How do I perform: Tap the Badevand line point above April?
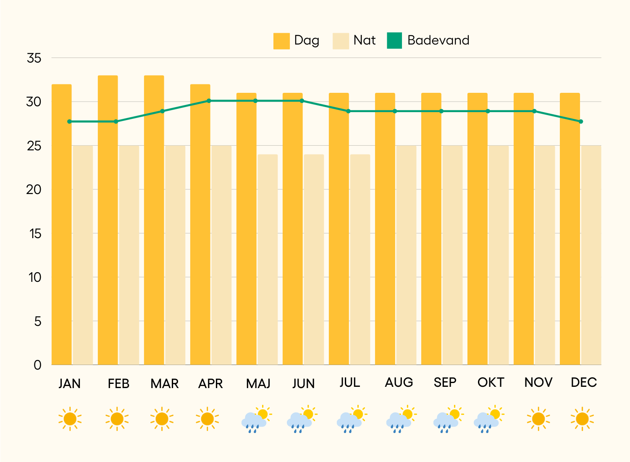(x=209, y=101)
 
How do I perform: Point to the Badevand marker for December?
(x=581, y=121)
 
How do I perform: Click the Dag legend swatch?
(x=281, y=41)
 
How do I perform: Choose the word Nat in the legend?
(x=364, y=40)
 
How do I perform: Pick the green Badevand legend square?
(x=394, y=41)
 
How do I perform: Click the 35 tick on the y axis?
(x=34, y=58)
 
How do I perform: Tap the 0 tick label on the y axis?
(x=37, y=365)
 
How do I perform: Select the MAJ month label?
(x=258, y=383)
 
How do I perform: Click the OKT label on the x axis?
(x=491, y=383)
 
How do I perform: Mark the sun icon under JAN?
(x=70, y=419)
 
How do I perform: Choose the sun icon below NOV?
(x=538, y=419)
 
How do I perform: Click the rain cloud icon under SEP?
(x=446, y=420)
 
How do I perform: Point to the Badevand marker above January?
(x=70, y=121)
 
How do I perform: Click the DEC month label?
(x=584, y=383)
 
